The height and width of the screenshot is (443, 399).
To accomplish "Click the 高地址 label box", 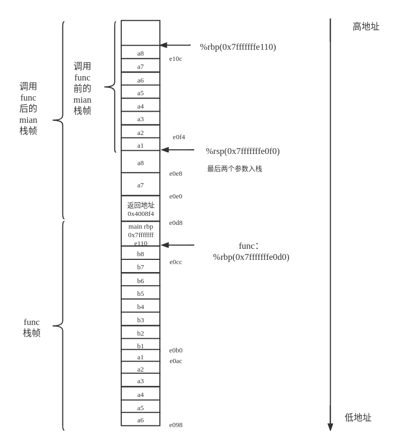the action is [366, 26].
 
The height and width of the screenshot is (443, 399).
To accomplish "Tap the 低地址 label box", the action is [358, 417].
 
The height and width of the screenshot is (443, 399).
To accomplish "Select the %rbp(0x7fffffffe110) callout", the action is [238, 46].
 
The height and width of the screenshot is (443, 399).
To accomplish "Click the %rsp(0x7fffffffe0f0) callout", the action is [242, 150].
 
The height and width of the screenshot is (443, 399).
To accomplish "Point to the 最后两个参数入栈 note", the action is [234, 168].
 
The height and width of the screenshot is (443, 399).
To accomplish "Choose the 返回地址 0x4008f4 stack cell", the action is [141, 209].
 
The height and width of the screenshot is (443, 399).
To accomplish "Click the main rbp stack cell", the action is [141, 234].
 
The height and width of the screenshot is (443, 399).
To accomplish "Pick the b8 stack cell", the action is [141, 254].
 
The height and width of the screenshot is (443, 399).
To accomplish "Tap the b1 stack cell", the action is [141, 345].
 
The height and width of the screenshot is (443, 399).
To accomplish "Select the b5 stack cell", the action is [141, 293].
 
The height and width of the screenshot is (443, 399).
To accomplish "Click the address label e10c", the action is [176, 58].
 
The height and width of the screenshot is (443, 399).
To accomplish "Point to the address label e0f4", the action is [179, 137].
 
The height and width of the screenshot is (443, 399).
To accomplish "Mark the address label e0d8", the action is [176, 222].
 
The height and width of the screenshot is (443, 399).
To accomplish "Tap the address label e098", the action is [176, 424].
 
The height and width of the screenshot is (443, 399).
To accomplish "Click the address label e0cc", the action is [176, 261].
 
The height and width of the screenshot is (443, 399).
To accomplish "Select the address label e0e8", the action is [176, 173].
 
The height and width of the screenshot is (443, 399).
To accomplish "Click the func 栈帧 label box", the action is [31, 327].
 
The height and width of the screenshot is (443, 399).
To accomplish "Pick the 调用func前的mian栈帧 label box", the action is [82, 87].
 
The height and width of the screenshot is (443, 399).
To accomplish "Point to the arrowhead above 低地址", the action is [330, 427].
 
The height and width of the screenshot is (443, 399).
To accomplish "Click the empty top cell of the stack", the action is [141, 33].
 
